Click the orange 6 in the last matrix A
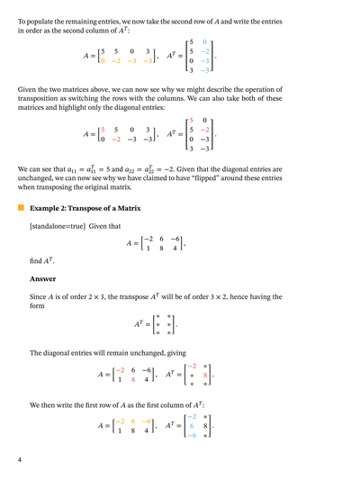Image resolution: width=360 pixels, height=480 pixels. (132, 421)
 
